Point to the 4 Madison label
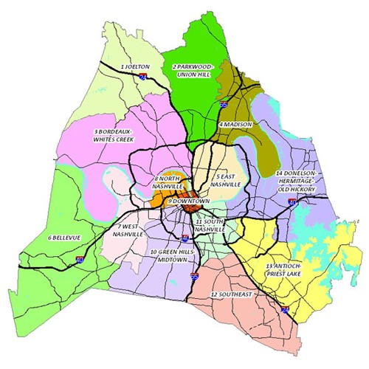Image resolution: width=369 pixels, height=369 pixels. [238, 125]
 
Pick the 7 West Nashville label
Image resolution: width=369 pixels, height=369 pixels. [128, 230]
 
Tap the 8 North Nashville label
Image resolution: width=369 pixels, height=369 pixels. [168, 182]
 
